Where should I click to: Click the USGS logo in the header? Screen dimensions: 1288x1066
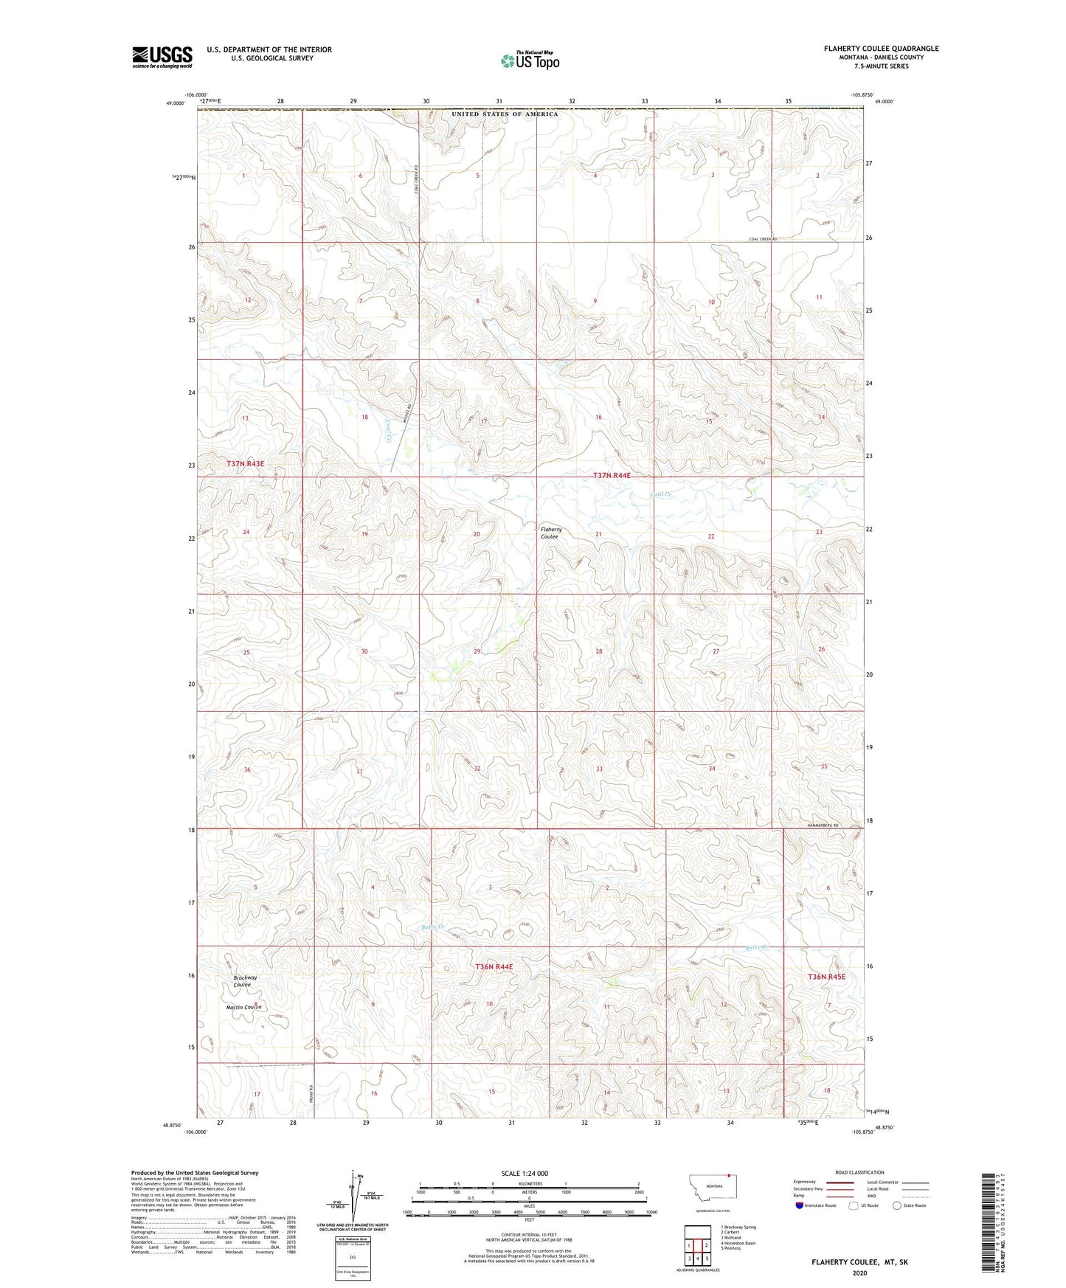point(162,56)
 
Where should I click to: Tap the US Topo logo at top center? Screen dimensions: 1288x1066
point(529,60)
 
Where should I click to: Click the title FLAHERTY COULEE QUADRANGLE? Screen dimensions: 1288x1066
point(882,49)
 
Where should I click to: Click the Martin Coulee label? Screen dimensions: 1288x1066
point(243,1007)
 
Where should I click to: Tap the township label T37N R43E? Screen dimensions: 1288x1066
point(245,463)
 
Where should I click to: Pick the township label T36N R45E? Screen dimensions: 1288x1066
point(826,977)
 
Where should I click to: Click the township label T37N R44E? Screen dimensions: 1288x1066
point(612,476)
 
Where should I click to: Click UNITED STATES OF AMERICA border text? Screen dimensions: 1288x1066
point(505,114)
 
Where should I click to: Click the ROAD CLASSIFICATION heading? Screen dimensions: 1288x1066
point(859,1172)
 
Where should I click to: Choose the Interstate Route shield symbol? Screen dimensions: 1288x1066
point(800,1205)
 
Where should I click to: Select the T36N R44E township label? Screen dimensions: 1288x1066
point(494,966)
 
